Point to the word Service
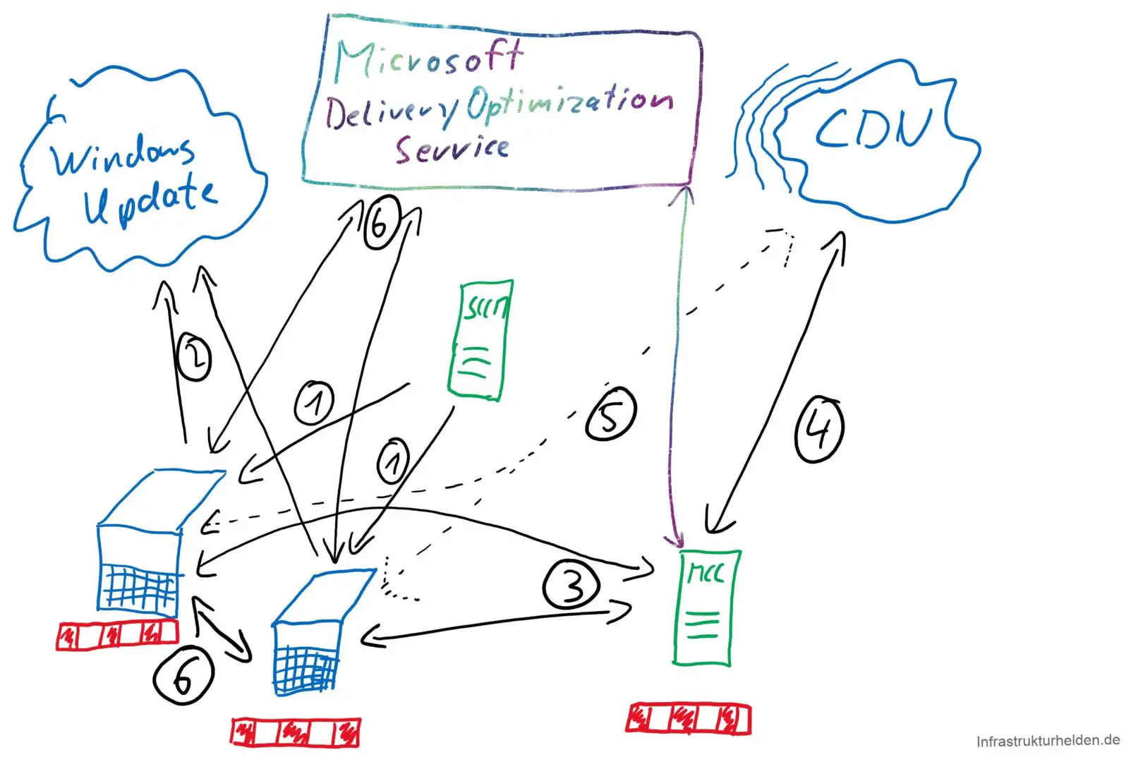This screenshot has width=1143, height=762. tap(452, 148)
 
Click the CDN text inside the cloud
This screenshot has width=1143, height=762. tap(873, 128)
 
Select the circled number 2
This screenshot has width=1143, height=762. tap(193, 357)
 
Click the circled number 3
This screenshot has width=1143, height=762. tap(571, 584)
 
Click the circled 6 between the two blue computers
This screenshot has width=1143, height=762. tap(183, 675)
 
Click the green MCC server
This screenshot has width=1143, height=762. tap(705, 607)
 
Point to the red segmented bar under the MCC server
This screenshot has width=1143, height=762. tap(688, 718)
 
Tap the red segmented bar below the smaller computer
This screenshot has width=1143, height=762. tap(296, 732)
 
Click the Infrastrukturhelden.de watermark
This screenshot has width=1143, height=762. tap(1047, 741)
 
